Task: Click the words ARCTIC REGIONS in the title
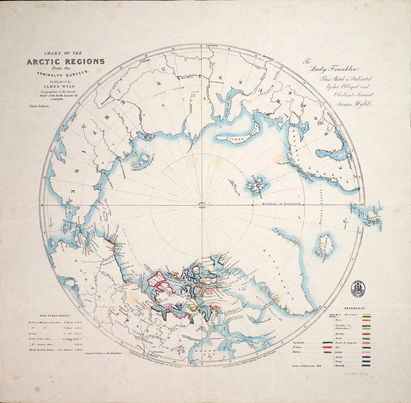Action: point(65,61)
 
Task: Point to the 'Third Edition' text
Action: point(39,106)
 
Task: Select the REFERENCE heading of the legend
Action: point(354,308)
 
